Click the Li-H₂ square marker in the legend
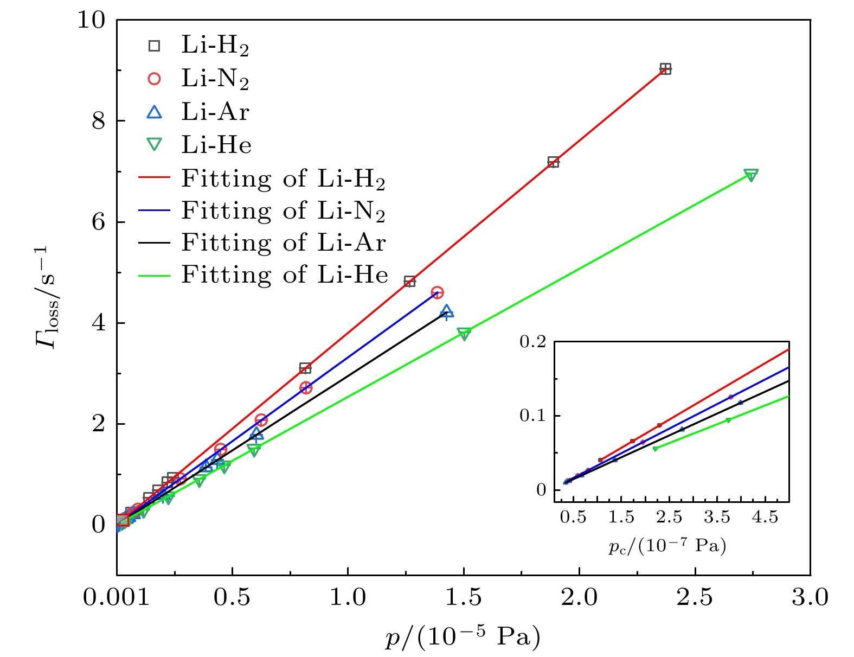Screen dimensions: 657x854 [155, 46]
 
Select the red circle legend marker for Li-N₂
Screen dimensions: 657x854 [155, 79]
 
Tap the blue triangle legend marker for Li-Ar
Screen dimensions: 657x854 [155, 112]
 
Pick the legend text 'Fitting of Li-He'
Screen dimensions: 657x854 [285, 275]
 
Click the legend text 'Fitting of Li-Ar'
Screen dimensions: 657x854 [284, 243]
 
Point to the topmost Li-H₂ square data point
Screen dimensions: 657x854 [665, 69]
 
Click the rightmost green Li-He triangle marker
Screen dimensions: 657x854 [751, 175]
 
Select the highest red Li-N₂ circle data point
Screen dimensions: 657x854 [437, 292]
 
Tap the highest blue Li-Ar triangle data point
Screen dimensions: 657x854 [447, 311]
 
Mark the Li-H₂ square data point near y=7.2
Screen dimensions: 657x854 [553, 162]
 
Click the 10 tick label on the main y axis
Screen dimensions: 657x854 [91, 21]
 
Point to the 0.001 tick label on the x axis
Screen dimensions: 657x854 [116, 598]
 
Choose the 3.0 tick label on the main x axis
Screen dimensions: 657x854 [810, 598]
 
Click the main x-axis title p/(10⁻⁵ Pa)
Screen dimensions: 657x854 [463, 637]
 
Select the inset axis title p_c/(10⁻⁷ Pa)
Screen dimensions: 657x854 [667, 545]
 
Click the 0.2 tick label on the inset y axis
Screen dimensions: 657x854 [533, 342]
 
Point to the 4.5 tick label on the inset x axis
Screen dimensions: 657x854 [765, 518]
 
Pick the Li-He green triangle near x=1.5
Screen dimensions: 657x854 [464, 334]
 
